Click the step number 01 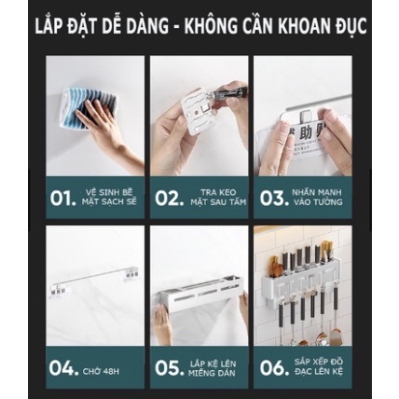(61, 198)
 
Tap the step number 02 (165, 198)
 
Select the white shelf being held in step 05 (198, 294)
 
